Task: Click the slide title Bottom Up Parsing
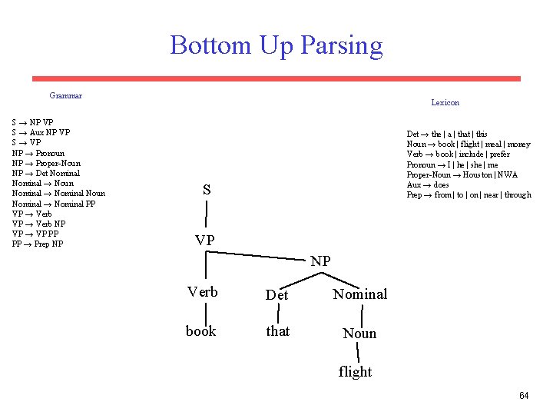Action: tap(276, 45)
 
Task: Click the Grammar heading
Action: tap(65, 95)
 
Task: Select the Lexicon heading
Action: tap(445, 102)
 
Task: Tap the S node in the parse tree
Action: tap(207, 189)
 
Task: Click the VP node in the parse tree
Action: tap(205, 240)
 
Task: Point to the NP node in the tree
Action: tap(321, 261)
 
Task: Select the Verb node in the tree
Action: tap(203, 292)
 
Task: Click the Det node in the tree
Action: tap(276, 295)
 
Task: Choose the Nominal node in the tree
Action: tap(360, 294)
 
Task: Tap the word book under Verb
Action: tap(200, 331)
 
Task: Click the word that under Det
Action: tap(277, 331)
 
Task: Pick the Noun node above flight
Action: tap(359, 334)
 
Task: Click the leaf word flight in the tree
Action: tap(355, 372)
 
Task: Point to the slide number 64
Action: tap(524, 396)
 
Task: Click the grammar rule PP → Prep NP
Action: tap(38, 244)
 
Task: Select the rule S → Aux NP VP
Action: tap(41, 132)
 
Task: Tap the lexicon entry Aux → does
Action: tap(428, 184)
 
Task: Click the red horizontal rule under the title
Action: tap(276, 78)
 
